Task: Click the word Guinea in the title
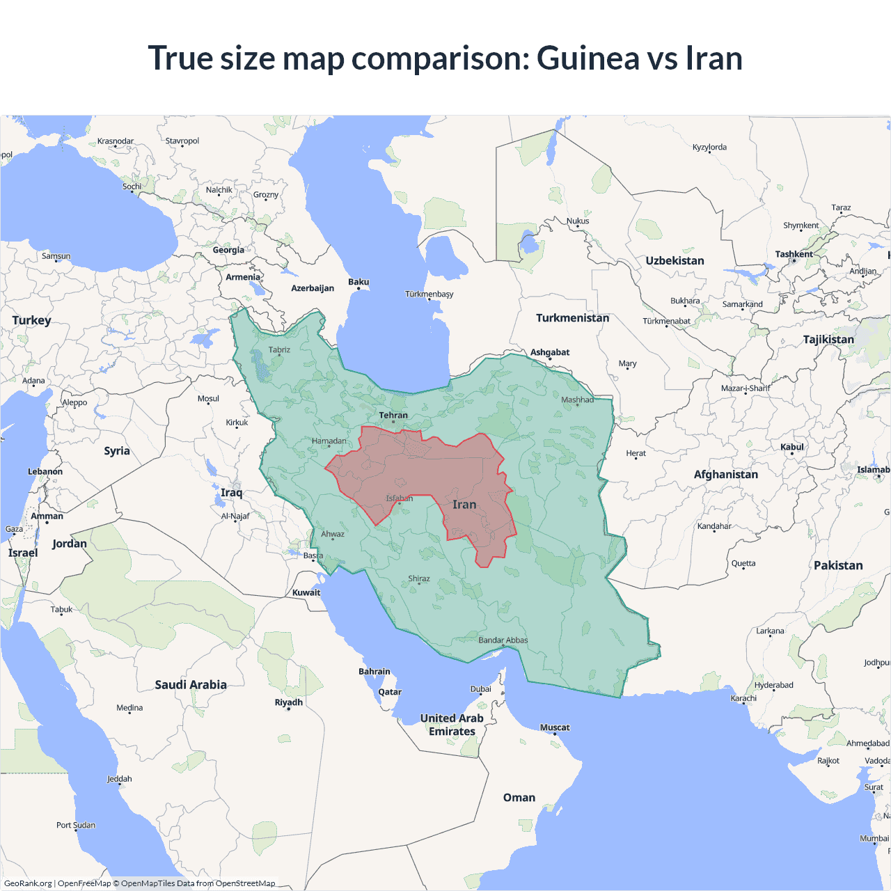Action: [589, 58]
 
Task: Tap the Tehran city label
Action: [393, 416]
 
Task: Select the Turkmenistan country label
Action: [572, 318]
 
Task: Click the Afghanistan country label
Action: [725, 475]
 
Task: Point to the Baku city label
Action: [358, 282]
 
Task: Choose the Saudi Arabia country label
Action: [191, 685]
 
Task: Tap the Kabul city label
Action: [792, 447]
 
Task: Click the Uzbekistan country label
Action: [675, 261]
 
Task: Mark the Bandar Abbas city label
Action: [503, 640]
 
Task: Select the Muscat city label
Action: [555, 727]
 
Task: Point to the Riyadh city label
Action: [288, 702]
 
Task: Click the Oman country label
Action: [519, 798]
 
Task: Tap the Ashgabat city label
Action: [550, 352]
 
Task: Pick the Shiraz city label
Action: [419, 578]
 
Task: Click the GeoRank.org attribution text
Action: [28, 883]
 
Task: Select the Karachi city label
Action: [743, 698]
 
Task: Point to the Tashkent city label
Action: [794, 254]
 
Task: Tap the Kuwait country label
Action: [306, 593]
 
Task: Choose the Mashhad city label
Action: [577, 400]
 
